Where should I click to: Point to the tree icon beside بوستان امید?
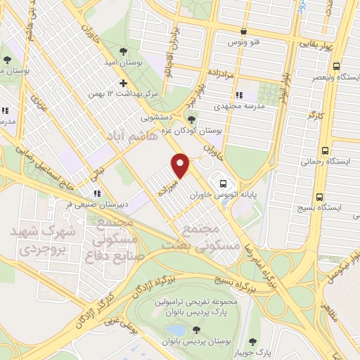click(x=123, y=51)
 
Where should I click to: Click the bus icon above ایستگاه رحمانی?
click(x=325, y=150)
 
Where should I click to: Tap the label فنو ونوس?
click(x=243, y=42)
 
